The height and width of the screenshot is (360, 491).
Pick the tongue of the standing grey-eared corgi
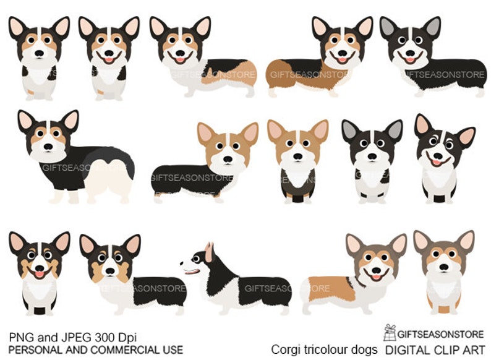point(409,60)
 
